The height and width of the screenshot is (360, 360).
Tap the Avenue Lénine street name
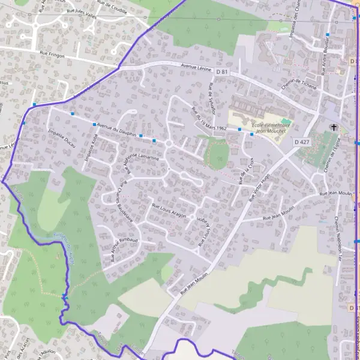click(196, 67)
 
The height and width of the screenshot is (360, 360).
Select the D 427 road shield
click(302, 142)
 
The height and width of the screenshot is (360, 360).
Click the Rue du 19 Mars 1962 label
click(208, 120)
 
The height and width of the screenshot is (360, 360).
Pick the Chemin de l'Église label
click(331, 161)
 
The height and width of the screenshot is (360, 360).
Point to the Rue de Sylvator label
click(212, 96)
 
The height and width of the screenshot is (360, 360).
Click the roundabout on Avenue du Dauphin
click(169, 143)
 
